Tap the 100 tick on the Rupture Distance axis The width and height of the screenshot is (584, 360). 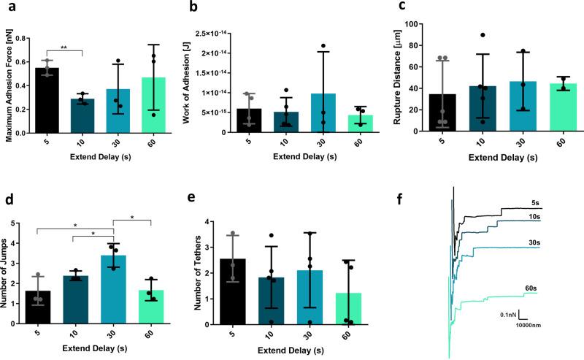[x=410, y=24]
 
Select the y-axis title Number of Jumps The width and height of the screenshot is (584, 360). [x=7, y=272]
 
